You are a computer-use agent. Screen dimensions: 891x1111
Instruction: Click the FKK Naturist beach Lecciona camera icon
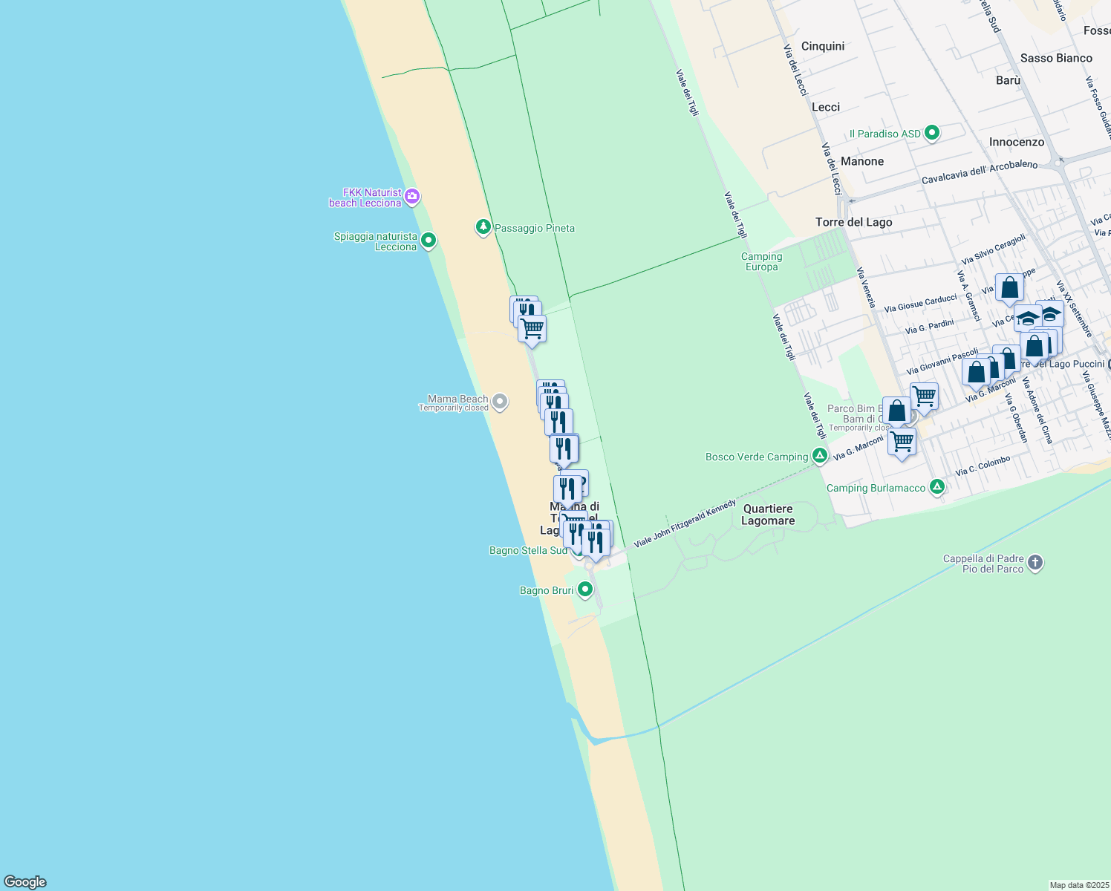click(x=413, y=197)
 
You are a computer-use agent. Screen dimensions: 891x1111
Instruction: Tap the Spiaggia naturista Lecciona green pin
click(x=428, y=241)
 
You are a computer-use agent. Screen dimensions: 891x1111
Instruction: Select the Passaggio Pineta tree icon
click(x=483, y=227)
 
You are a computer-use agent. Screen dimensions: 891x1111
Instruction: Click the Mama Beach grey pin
click(x=501, y=402)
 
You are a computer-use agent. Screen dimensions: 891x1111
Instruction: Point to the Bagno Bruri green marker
click(x=585, y=590)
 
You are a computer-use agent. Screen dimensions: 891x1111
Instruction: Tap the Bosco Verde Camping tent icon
click(x=820, y=456)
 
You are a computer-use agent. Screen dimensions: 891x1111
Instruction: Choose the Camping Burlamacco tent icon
click(x=937, y=487)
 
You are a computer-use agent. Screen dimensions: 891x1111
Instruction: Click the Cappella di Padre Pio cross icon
click(x=1036, y=563)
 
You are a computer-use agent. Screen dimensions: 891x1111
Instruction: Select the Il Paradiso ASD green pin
click(x=932, y=133)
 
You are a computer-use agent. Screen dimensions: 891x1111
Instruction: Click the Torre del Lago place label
click(x=853, y=222)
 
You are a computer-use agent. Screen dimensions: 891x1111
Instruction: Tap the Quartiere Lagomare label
click(x=768, y=515)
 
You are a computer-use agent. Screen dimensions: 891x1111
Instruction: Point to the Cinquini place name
click(x=823, y=46)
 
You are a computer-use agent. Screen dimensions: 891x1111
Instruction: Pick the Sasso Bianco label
click(x=1056, y=58)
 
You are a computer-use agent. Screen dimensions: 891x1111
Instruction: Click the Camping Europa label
click(x=761, y=261)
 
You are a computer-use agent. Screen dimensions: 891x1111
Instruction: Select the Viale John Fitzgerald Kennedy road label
click(x=684, y=523)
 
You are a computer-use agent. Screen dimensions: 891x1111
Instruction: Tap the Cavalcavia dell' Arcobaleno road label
click(x=979, y=172)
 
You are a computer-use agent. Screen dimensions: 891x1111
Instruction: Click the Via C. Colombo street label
click(x=983, y=466)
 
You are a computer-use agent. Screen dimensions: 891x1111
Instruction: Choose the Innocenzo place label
click(x=1016, y=142)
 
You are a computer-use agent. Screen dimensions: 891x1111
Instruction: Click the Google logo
click(x=25, y=881)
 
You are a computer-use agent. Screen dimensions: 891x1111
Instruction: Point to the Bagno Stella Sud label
click(x=528, y=550)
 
